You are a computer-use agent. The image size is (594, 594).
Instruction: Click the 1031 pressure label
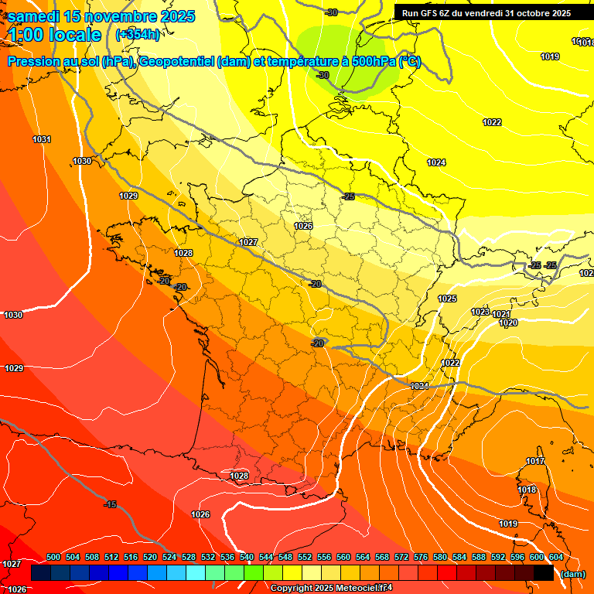click(42, 139)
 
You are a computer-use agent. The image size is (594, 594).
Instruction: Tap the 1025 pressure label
click(447, 299)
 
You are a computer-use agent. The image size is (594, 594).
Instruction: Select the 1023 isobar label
click(480, 312)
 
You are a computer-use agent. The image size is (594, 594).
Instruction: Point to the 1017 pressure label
click(535, 462)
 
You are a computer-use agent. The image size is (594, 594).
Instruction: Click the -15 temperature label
click(111, 504)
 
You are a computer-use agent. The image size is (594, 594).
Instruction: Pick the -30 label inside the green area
click(323, 75)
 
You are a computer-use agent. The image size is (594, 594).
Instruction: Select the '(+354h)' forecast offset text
click(137, 35)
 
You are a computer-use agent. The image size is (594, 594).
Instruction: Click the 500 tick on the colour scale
click(53, 557)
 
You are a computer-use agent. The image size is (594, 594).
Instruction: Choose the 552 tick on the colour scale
click(305, 557)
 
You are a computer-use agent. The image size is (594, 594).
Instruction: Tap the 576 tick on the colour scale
click(421, 557)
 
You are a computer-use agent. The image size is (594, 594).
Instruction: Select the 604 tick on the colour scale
click(555, 557)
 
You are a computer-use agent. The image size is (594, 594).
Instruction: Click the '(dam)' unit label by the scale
click(572, 574)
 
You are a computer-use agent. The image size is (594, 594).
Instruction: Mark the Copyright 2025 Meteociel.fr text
click(331, 589)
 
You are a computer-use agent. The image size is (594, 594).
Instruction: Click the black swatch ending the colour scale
click(543, 573)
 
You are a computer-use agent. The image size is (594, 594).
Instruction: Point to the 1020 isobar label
click(508, 323)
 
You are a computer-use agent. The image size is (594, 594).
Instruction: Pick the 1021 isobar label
click(501, 315)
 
